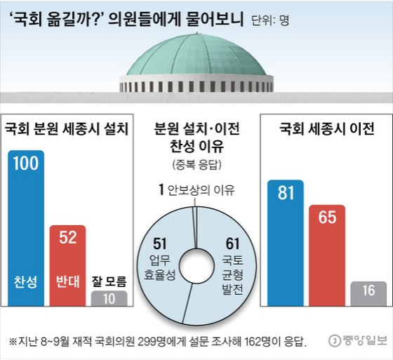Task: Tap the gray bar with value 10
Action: [x=109, y=298]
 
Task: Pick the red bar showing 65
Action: [x=326, y=255]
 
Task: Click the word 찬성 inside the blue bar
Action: [x=26, y=283]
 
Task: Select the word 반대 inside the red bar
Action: [x=67, y=283]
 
